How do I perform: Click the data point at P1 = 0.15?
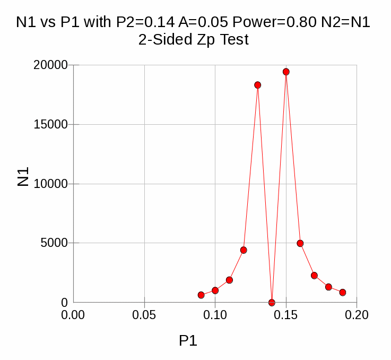coord(286,72)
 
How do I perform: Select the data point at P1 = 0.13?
coord(258,85)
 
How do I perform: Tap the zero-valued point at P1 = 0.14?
coord(272,303)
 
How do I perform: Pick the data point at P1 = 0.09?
coord(201,295)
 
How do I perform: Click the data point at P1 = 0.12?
coord(244,250)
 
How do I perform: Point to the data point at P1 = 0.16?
coord(300,243)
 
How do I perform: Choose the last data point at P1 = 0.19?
coord(343,293)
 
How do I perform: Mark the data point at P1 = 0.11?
coord(229,280)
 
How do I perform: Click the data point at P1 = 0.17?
coord(314,276)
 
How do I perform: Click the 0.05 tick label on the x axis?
coord(144,315)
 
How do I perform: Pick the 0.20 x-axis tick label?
coord(357,315)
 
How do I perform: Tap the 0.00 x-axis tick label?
coord(73,315)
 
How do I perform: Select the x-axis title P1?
coord(188,341)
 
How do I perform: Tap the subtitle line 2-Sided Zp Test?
coord(193,40)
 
